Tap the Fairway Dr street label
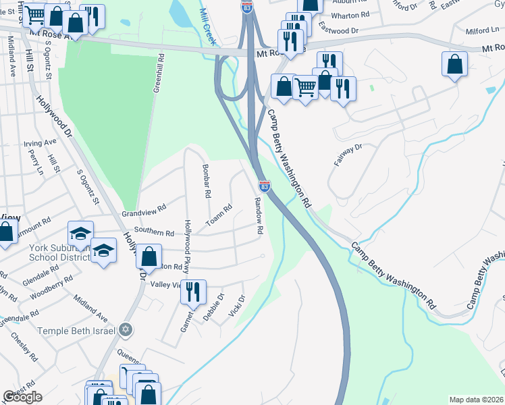pos(348,155)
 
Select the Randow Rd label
pos(258,215)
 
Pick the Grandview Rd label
pos(143,211)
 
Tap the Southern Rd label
pos(154,232)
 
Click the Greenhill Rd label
pos(160,74)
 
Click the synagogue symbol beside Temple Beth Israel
pos(125,330)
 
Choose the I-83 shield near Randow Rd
pos(265,184)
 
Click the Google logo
pos(22,397)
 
